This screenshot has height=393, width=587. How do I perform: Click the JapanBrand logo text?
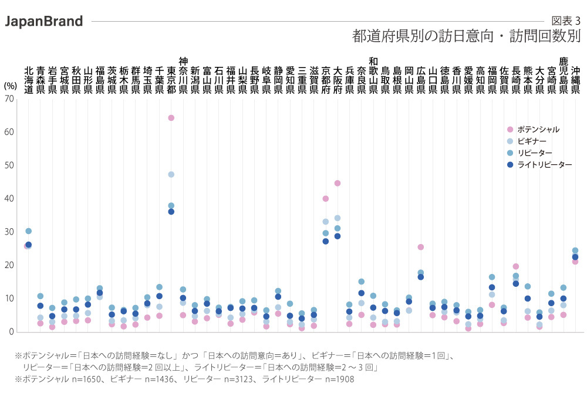click(x=43, y=22)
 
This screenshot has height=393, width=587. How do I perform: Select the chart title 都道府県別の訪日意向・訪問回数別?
click(x=466, y=37)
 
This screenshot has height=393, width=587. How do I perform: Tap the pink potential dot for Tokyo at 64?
click(x=171, y=118)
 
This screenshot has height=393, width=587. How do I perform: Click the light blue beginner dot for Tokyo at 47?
click(x=171, y=174)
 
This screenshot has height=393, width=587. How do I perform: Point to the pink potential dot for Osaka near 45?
click(x=338, y=183)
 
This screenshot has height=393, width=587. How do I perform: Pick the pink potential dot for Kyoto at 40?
click(x=326, y=198)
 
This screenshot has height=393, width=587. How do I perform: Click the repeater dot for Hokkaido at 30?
click(x=28, y=231)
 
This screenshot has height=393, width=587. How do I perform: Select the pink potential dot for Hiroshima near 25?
click(x=421, y=247)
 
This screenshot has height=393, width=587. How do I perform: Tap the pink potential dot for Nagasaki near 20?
click(x=516, y=266)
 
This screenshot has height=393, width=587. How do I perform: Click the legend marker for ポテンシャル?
click(x=510, y=130)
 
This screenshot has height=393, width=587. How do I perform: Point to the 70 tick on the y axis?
click(x=9, y=99)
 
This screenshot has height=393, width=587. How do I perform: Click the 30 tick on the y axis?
click(x=9, y=232)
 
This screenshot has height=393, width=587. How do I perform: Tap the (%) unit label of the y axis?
click(x=10, y=85)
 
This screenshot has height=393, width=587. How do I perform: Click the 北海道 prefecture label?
click(x=28, y=80)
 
